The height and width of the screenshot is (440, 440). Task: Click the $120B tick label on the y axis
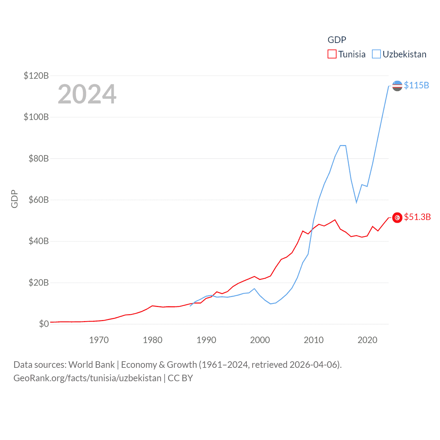(36, 76)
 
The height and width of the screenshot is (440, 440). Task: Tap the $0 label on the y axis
(44, 324)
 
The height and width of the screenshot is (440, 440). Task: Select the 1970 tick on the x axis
(99, 340)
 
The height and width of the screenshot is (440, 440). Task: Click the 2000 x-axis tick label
(260, 340)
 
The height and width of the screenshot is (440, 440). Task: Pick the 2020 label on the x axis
(367, 340)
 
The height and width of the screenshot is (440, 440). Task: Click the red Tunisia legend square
(332, 54)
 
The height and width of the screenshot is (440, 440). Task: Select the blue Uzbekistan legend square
(376, 54)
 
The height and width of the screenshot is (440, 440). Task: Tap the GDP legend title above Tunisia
(337, 40)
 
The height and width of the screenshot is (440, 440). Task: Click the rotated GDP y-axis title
(14, 199)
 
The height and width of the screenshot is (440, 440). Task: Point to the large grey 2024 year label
(87, 94)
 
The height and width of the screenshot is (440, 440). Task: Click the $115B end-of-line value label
(416, 85)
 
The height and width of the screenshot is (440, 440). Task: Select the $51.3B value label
(417, 217)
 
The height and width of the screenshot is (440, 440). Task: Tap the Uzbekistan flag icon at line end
(397, 86)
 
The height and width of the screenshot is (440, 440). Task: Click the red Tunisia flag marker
(397, 218)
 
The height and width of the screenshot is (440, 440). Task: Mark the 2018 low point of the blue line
(356, 202)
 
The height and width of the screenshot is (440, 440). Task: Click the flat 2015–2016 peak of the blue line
(343, 145)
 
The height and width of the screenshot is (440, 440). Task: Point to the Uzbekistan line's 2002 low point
(271, 304)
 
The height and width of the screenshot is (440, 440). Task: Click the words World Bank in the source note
(91, 364)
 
